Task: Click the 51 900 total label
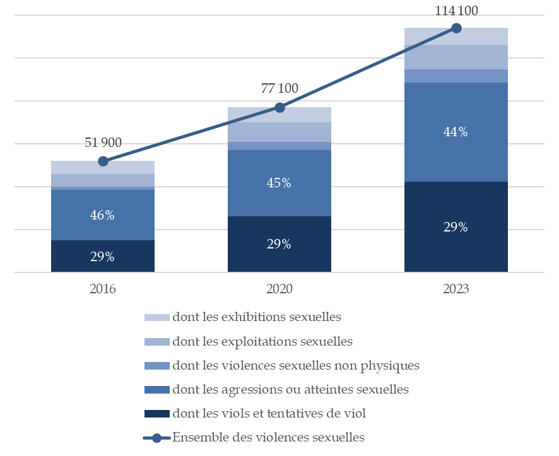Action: [x=103, y=143]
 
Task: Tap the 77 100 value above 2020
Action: [x=279, y=88]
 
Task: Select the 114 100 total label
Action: [x=456, y=11]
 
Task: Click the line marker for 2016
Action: [x=103, y=161]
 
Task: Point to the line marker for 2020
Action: [x=279, y=108]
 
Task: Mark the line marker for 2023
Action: [x=456, y=28]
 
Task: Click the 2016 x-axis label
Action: [x=103, y=289]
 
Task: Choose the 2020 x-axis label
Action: [x=279, y=289]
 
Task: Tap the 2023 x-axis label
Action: [x=456, y=289]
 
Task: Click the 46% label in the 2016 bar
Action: [x=102, y=215]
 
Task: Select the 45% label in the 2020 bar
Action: [x=279, y=184]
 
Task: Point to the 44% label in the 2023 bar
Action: [x=456, y=132]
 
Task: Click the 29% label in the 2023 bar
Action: [x=456, y=228]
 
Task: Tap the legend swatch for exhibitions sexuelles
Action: [x=157, y=318]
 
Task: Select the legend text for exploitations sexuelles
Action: [x=262, y=342]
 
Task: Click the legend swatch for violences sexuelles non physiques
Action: [x=157, y=366]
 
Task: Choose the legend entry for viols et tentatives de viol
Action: [x=269, y=414]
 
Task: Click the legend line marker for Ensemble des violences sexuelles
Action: [x=157, y=438]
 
